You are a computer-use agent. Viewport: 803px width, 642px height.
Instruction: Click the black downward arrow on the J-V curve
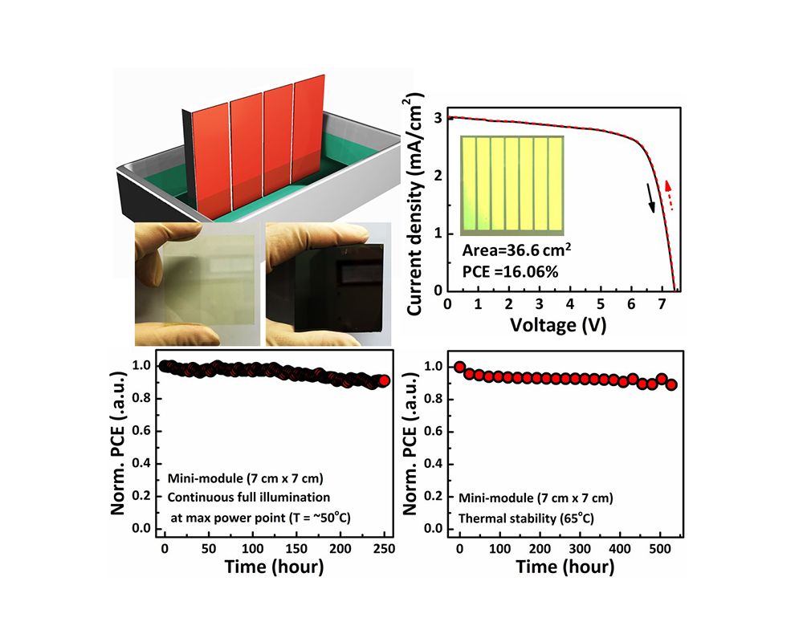(x=651, y=197)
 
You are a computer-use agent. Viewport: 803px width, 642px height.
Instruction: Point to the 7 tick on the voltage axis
(x=661, y=306)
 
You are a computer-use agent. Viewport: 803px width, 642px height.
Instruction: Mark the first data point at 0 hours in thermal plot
(x=459, y=367)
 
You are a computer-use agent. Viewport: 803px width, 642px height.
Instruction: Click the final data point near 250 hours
(x=384, y=380)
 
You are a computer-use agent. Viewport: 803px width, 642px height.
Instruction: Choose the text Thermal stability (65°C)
(x=526, y=518)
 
